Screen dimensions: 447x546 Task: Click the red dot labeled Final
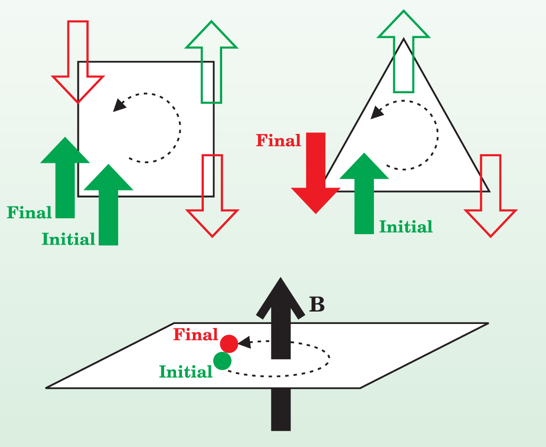click(229, 343)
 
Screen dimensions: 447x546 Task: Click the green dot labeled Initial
click(222, 361)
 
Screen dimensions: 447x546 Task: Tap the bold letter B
click(316, 305)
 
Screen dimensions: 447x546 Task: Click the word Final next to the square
click(29, 213)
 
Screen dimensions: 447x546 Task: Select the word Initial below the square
click(68, 239)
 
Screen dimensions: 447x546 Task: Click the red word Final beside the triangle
click(278, 141)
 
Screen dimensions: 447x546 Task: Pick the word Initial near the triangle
click(406, 227)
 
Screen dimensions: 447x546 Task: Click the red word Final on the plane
click(195, 335)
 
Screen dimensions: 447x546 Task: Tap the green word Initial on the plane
click(185, 371)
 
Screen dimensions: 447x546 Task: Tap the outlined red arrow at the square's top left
click(78, 60)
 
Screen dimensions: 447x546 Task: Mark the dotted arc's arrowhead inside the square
click(119, 105)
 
